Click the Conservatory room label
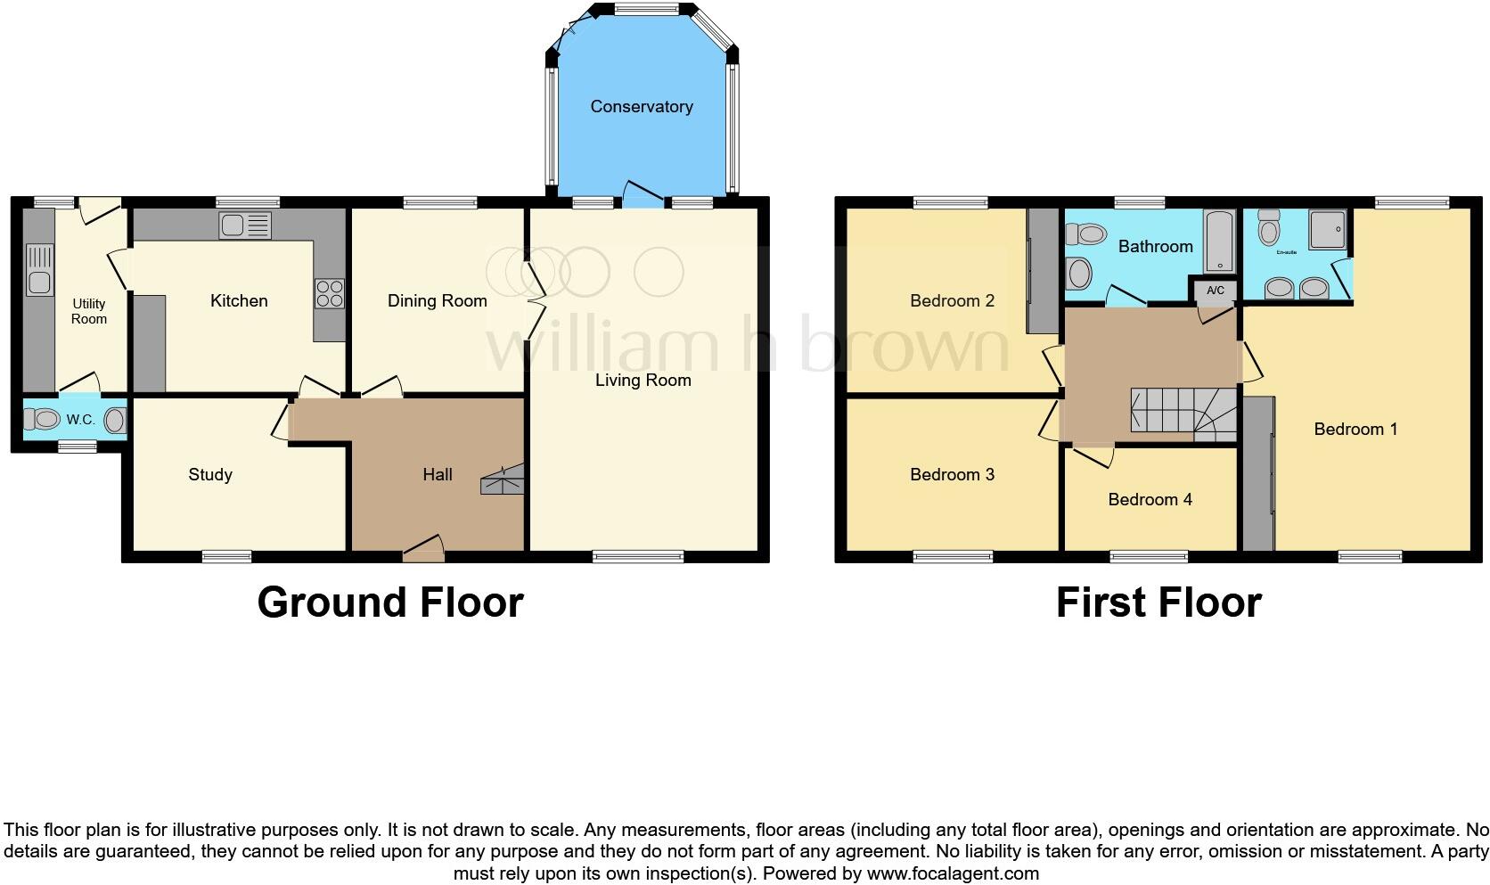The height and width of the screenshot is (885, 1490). pos(641,107)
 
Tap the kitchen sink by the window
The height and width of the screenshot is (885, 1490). pos(245,226)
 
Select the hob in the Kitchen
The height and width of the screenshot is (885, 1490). pos(329,293)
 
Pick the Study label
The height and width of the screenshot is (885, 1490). pos(210,474)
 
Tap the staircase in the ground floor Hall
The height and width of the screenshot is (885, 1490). pos(503,479)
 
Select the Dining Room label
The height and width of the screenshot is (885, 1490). pos(437,301)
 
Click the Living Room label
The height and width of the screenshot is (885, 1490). pos(643,381)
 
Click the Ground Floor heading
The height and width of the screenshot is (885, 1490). pos(389,602)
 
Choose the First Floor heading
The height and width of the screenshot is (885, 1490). pos(1158,602)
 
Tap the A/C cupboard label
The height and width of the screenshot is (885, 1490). pos(1216,291)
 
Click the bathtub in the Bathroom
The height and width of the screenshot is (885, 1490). pos(1219,242)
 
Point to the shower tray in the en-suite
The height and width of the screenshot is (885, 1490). pos(1327,229)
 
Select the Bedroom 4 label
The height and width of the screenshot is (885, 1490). pos(1150,499)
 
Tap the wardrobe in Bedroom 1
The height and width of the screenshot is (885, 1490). pos(1257,474)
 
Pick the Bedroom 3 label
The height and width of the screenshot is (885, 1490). pos(952,474)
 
